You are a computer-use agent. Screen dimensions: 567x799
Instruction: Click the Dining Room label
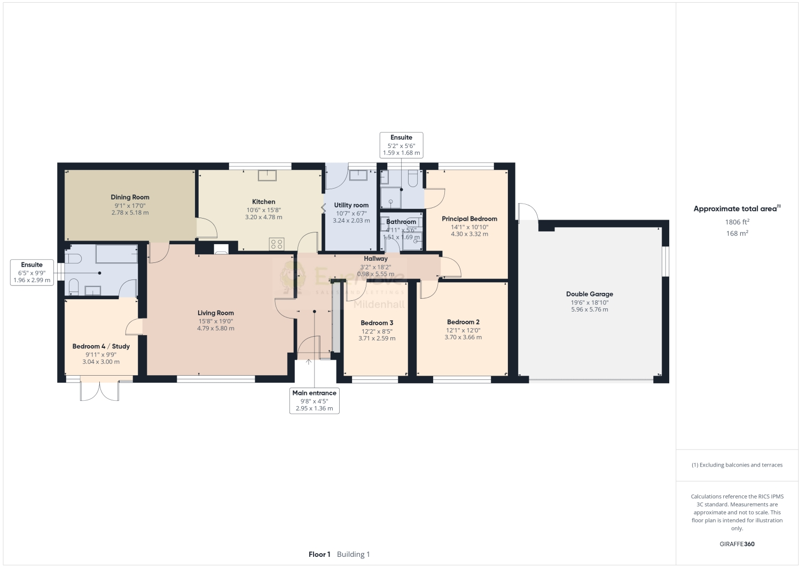130,197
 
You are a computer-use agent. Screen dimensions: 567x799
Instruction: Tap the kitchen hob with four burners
277,244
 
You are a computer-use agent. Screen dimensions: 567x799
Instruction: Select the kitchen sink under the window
267,175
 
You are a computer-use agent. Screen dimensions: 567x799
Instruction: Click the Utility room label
351,205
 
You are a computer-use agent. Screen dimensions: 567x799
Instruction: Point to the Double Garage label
589,294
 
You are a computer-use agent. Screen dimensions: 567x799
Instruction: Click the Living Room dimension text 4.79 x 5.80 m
215,329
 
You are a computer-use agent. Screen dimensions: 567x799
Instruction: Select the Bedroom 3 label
377,323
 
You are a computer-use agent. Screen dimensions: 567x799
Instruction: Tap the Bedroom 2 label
463,322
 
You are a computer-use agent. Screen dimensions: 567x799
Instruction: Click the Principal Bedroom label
469,219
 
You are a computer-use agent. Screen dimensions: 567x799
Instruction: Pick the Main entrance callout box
314,400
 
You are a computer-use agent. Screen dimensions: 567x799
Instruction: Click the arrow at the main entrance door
309,362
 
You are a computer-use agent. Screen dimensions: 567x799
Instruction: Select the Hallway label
375,259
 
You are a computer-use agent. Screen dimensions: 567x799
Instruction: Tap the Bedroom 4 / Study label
101,346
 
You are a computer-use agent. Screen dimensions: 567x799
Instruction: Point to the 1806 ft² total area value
737,222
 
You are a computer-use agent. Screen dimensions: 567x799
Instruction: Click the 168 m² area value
737,234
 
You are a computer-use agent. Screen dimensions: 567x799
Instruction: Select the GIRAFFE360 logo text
737,544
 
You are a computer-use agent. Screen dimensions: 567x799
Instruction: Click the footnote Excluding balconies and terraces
737,465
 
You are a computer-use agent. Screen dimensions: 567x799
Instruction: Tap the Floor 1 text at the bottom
319,554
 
